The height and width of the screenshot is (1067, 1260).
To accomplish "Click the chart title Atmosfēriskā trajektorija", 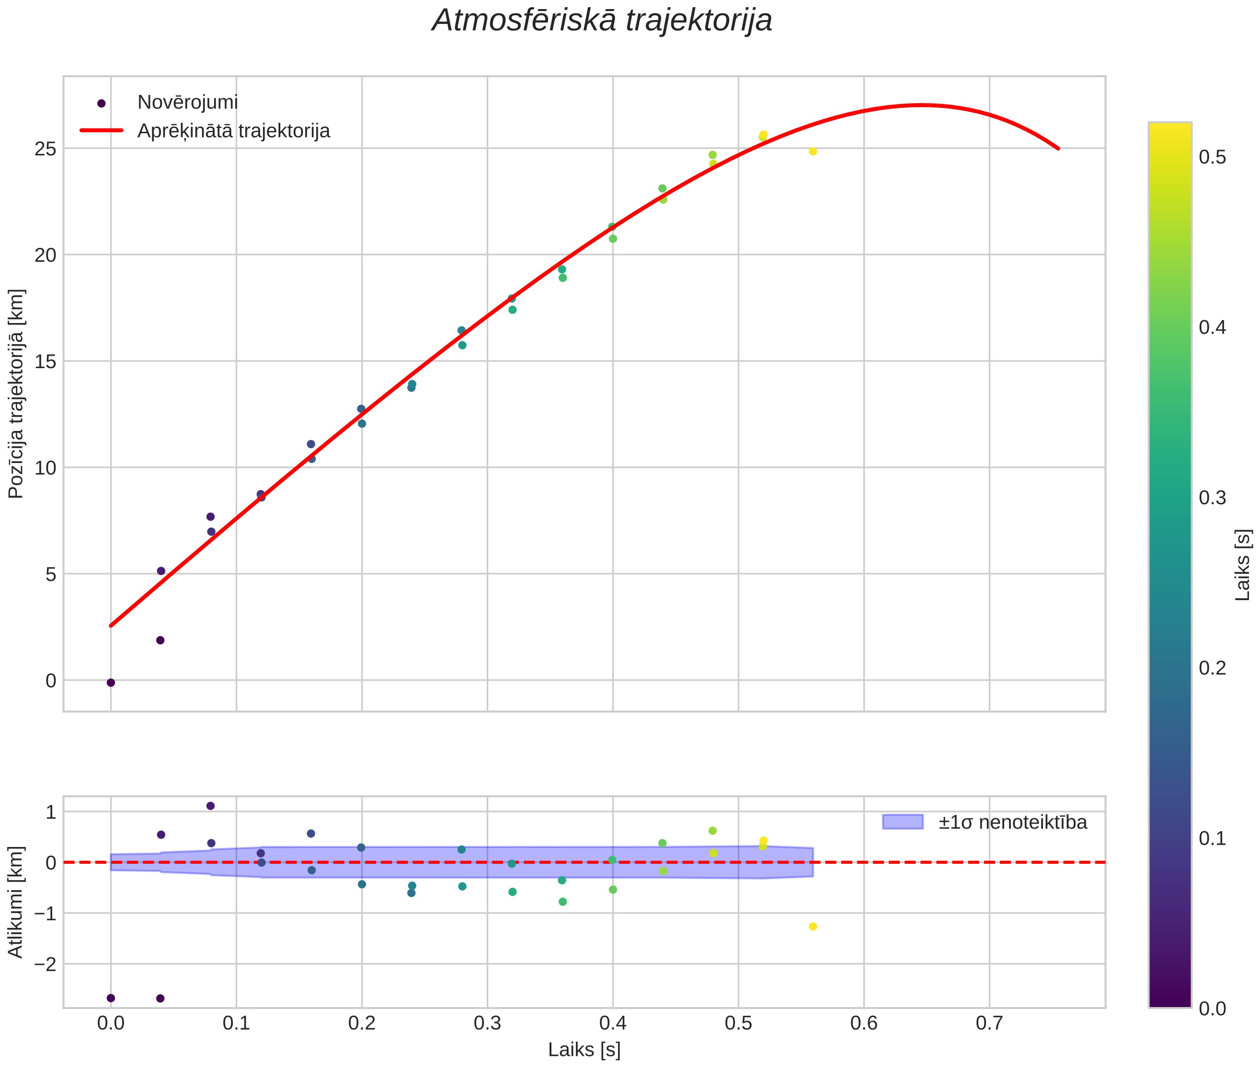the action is coord(602,21).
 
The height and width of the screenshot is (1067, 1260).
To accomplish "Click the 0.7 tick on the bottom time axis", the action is coord(989,1023).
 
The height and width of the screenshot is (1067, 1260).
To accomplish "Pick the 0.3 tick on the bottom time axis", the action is coord(487,1023).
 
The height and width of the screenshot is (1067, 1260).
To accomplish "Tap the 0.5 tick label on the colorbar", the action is coord(1212,157).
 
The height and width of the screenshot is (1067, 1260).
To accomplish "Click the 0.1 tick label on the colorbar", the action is coord(1212,838).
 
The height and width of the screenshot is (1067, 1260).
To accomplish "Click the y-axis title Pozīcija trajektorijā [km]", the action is coord(16,394).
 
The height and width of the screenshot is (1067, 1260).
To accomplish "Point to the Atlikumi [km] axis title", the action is coord(16,902).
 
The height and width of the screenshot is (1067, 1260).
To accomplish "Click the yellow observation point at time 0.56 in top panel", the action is coord(813,151).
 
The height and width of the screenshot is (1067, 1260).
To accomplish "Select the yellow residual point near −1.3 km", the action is coord(813,927).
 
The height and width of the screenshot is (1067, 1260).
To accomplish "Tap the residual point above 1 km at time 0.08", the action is coord(210,806).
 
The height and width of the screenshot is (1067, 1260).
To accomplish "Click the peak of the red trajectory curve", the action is coord(920,104).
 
